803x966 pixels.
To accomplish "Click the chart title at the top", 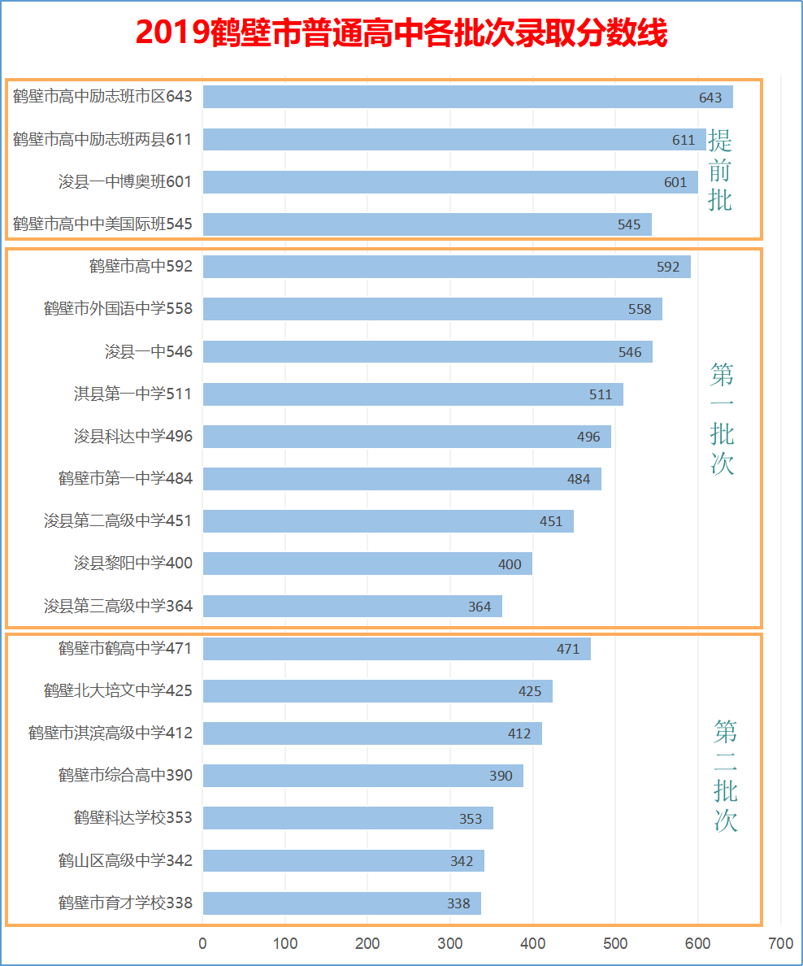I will [401, 34].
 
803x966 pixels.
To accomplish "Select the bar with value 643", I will [467, 97].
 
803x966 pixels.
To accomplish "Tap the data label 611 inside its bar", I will [684, 140].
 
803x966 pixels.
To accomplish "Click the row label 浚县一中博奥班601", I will [125, 181].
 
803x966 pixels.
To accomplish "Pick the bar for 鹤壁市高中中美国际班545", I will [427, 224].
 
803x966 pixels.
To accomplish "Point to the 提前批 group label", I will [720, 170].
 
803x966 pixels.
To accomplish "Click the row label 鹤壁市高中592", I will [141, 266].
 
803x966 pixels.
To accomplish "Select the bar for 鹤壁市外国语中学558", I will [432, 309].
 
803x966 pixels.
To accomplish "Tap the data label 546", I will [630, 352].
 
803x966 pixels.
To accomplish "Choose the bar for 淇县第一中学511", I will [413, 394].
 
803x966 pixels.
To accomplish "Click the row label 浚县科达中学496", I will [133, 437].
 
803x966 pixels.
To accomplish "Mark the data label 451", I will [551, 521].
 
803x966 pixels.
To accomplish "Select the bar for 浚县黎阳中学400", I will [367, 563].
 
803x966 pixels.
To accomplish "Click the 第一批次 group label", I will [722, 419].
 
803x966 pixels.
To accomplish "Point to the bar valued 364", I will [352, 607].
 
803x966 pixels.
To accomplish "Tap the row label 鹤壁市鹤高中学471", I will [125, 649].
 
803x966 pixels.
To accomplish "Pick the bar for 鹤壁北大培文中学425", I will [377, 691].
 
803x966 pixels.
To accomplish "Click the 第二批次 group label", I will [725, 776].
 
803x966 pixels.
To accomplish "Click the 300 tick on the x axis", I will [450, 943].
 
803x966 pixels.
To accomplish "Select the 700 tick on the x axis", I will [780, 943].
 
